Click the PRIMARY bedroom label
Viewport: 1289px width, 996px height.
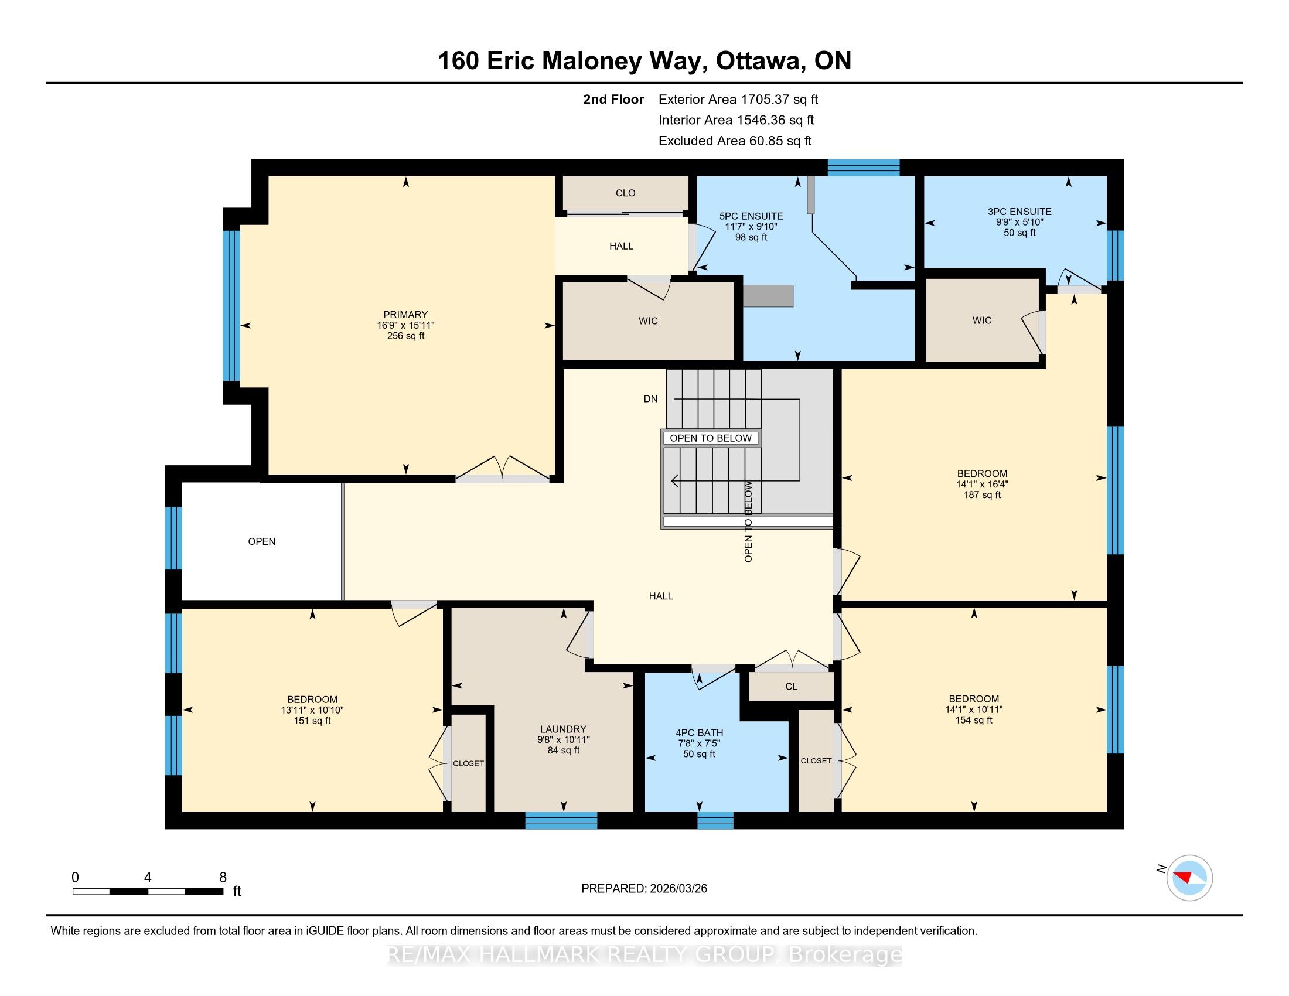405,315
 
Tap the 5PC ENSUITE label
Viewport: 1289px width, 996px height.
751,216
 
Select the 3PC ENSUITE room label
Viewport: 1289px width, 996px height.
1019,212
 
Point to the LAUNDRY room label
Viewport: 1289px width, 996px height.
563,729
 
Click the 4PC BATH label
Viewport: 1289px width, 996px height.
700,733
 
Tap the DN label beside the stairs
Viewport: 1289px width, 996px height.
650,399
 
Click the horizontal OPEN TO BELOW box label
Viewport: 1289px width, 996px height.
711,438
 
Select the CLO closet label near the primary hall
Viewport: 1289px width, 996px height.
625,193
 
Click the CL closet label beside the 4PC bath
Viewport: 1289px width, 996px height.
792,686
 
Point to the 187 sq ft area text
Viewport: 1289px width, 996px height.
982,495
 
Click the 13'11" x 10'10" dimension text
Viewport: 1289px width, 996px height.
312,711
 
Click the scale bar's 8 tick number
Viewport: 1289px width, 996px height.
223,878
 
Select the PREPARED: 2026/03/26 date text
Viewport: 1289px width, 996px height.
644,889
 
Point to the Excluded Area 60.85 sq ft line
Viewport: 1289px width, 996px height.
735,141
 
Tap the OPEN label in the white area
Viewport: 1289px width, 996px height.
261,542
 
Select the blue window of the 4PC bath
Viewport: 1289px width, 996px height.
715,821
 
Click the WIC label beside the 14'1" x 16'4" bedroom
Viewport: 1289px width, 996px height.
982,320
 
